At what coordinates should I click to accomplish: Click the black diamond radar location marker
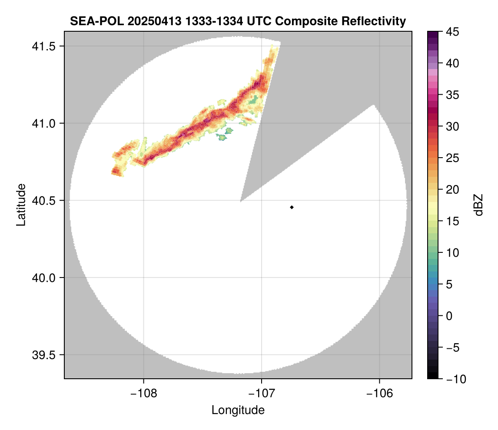tap(292, 207)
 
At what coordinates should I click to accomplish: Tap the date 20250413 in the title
tap(148, 21)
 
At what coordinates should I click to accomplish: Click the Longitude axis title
tap(238, 410)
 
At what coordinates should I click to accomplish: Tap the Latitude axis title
tap(20, 205)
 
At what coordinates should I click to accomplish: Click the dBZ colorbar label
tap(478, 205)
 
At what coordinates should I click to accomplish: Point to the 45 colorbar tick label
tap(453, 32)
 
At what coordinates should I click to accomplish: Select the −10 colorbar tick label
tap(455, 379)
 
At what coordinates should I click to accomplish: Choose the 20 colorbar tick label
tap(453, 190)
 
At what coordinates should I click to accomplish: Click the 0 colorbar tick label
tap(450, 316)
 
